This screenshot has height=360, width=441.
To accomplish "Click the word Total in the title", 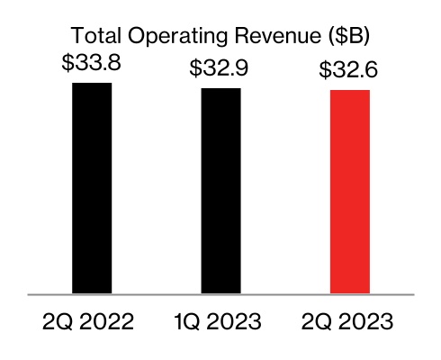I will (92, 37).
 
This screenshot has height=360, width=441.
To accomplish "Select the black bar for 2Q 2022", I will (92, 188).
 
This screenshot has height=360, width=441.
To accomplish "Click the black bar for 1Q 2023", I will (220, 191).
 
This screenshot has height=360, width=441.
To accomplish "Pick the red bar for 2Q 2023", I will (351, 192).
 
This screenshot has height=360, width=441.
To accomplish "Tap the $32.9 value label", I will (220, 70).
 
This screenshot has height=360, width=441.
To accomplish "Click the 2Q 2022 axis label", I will (91, 320).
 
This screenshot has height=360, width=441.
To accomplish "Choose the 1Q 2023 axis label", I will (220, 320).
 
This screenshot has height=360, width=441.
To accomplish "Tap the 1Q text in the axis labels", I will (185, 320).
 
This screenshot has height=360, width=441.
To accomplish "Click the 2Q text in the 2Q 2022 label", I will (56, 320).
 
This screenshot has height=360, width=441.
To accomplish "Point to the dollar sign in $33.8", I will (67, 66).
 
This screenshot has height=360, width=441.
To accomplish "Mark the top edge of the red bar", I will (351, 91).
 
